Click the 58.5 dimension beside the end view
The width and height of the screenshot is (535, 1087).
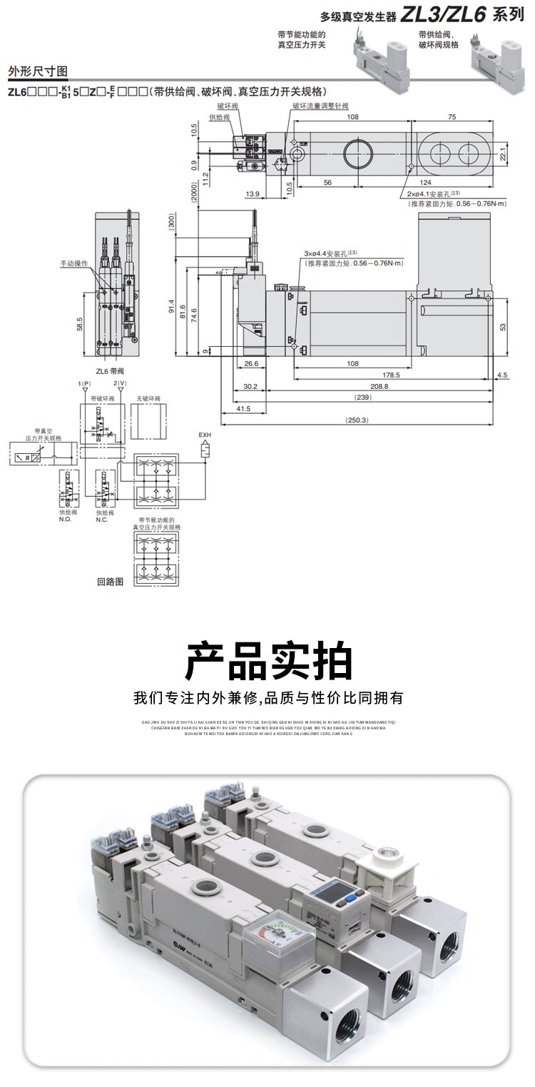79,324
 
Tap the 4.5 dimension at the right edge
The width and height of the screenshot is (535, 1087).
503,374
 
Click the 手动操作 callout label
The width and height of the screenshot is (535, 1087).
73,263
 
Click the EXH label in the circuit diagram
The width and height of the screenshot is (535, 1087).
205,434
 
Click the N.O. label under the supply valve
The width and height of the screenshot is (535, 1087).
66,519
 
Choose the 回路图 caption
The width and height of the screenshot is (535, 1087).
110,582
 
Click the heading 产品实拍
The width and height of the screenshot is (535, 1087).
268,662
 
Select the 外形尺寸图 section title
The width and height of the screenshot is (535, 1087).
37,71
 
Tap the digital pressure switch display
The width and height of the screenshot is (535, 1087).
334,898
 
